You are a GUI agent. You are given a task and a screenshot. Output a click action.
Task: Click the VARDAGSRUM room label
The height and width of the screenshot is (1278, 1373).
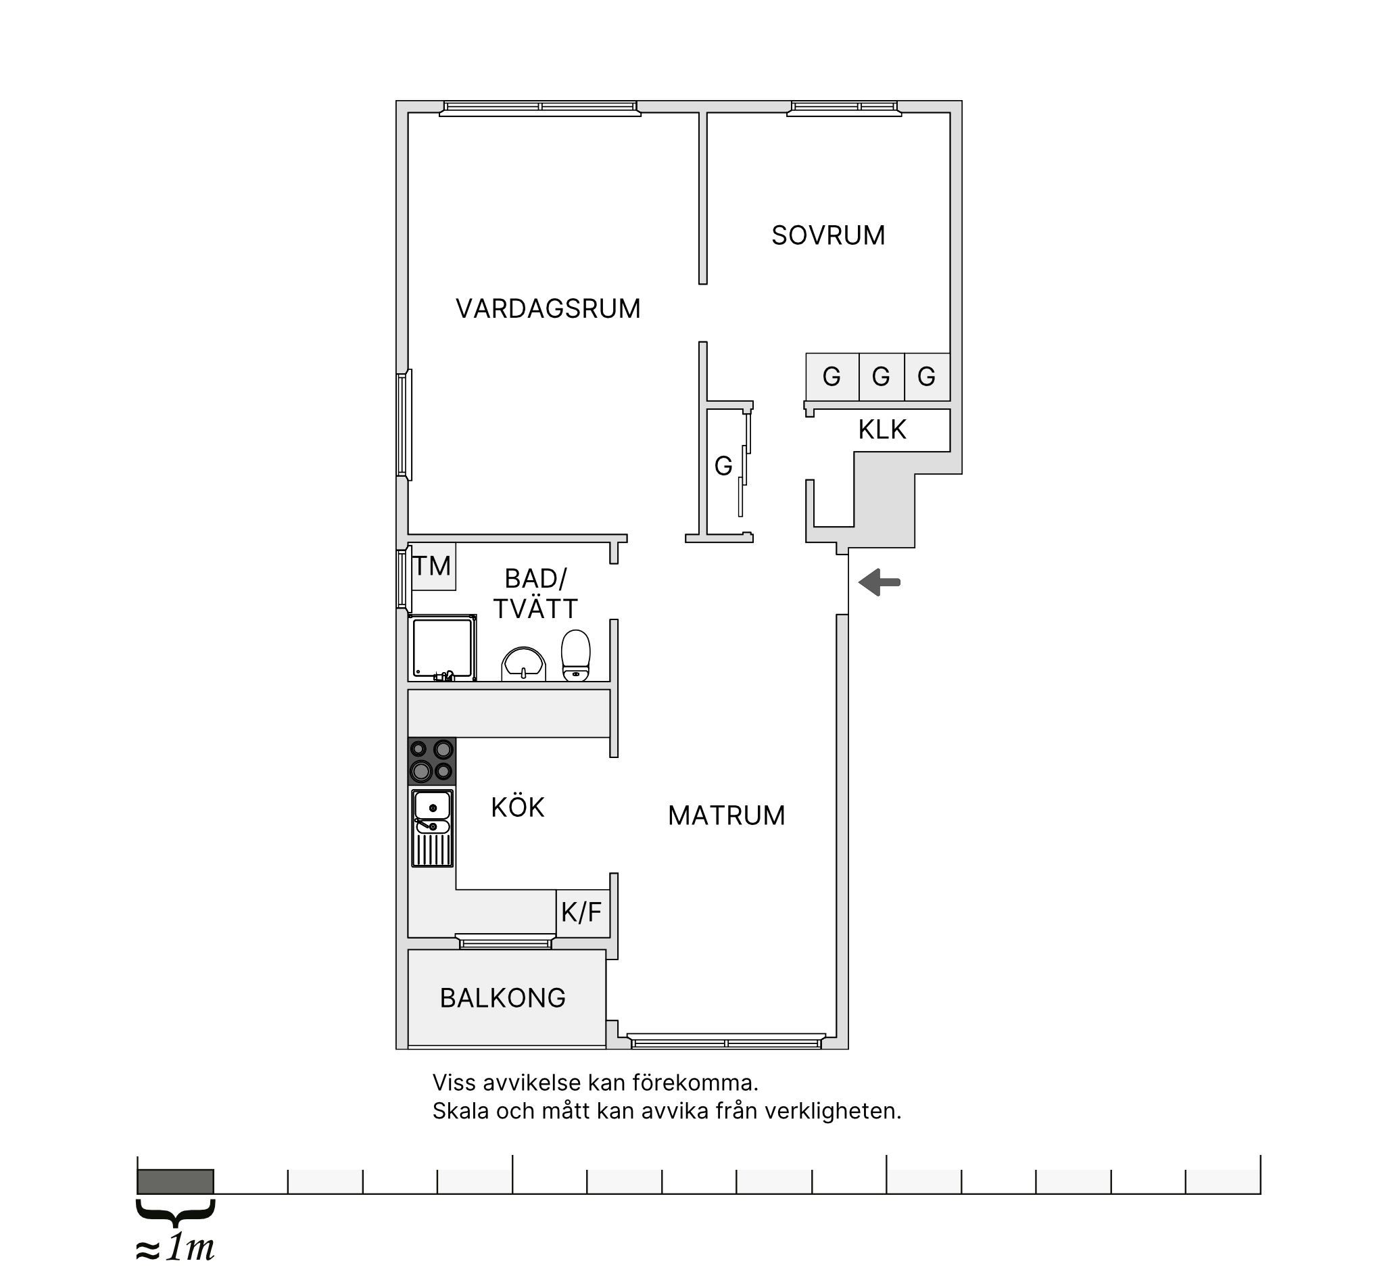point(548,309)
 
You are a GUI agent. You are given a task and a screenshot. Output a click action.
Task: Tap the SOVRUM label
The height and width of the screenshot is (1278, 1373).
point(828,235)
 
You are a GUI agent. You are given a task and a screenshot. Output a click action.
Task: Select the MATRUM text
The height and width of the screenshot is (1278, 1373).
point(727,816)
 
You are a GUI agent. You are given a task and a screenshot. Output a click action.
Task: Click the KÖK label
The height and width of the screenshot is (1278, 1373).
point(518,807)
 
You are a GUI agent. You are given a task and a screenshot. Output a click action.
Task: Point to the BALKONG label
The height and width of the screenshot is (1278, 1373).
point(503,998)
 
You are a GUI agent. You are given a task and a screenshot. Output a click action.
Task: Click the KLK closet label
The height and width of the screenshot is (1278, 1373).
point(882,429)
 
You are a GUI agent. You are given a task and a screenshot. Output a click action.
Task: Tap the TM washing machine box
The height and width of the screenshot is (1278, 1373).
point(433,567)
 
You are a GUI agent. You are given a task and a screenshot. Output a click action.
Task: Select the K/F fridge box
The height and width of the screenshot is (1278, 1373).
point(582,914)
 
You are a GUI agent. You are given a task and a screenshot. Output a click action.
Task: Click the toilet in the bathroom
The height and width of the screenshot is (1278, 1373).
point(575,656)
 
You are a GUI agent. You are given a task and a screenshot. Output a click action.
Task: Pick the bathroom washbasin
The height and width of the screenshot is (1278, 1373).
point(523,665)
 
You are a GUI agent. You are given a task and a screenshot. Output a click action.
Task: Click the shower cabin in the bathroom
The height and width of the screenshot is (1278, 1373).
point(443,648)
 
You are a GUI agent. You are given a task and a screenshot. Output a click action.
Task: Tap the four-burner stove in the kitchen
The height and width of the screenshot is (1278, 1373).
point(433,761)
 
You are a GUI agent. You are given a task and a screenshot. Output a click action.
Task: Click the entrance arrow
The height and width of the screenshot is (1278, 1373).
point(880,582)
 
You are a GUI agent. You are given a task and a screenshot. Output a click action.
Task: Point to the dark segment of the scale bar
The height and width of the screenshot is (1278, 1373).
point(175,1181)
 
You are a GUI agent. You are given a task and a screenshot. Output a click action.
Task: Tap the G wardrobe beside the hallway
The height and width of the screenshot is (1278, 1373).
point(723,467)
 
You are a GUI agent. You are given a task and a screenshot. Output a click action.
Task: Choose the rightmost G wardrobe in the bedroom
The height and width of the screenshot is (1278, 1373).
point(927,377)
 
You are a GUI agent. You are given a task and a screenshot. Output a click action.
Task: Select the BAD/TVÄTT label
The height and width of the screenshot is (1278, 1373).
point(535,594)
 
